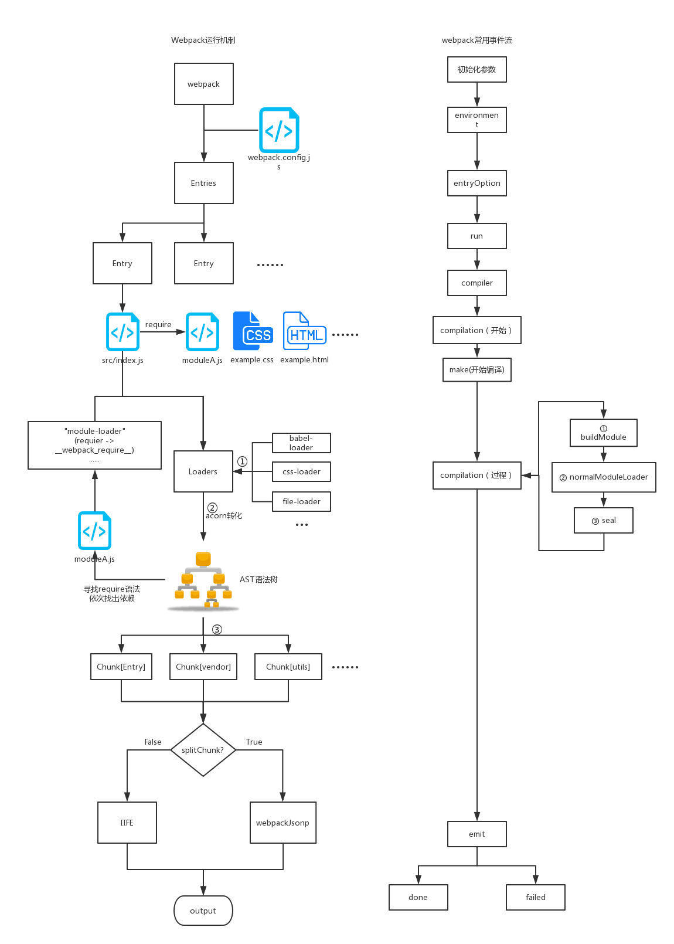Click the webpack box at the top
pos(203,84)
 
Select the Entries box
pos(203,183)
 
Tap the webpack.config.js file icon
pos(279,130)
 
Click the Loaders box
pos(203,471)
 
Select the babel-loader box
pos(301,443)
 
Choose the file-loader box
pos(301,501)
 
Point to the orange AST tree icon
pos(203,580)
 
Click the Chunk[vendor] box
pos(203,667)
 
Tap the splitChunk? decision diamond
pos(203,750)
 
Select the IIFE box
pos(127,823)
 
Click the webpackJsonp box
pos(282,823)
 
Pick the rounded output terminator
pos(203,911)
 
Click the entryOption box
pos(476,183)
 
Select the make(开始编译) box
pos(476,369)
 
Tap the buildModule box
pos(603,433)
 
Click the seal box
pos(603,520)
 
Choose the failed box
pos(535,897)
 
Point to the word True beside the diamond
pos(254,742)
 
